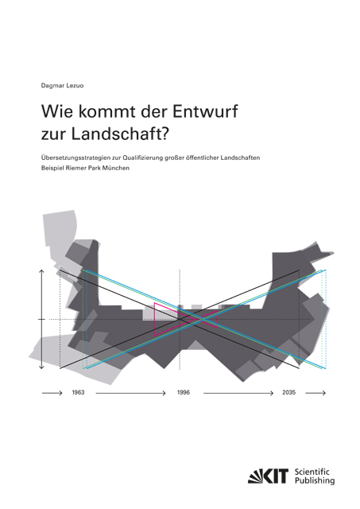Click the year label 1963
pos(78,393)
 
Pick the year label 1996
pos(183,393)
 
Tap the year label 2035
pos(288,393)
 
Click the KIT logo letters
pos(270,475)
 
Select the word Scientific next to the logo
pos(312,470)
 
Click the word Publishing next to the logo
pos(314,480)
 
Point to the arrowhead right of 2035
pos(323,393)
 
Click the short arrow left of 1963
pos(52,393)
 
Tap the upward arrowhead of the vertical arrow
pos(41,272)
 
